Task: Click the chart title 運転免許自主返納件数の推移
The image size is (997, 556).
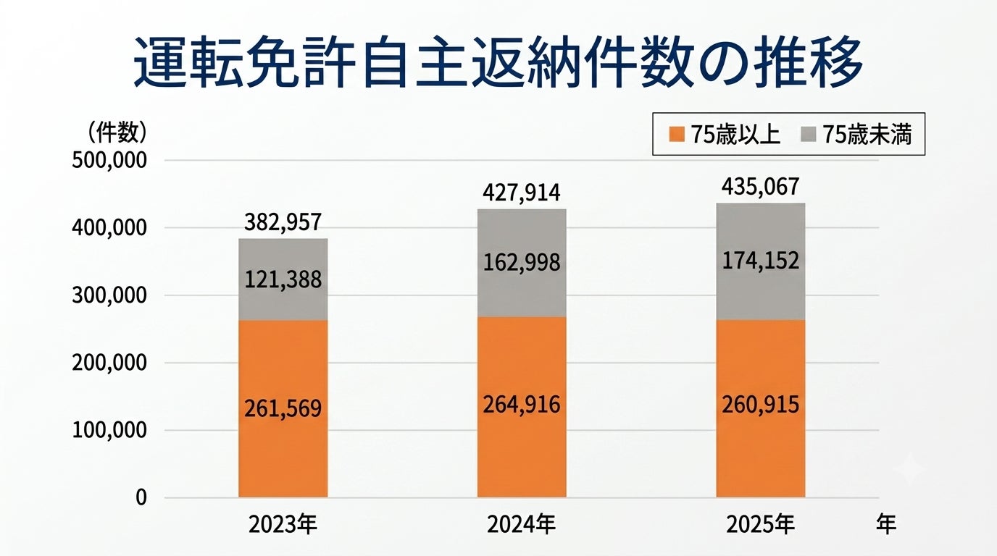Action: [x=498, y=62]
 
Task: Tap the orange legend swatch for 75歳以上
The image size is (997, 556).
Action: [x=676, y=135]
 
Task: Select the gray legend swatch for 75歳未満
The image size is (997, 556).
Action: [x=809, y=135]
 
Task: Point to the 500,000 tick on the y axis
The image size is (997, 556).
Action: [x=109, y=161]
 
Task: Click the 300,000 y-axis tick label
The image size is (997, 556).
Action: [x=109, y=296]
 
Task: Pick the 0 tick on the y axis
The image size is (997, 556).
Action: [x=141, y=497]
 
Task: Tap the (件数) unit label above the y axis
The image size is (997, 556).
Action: [x=116, y=132]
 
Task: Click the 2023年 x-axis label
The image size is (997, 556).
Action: [x=283, y=525]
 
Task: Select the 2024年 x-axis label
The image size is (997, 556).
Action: [x=521, y=525]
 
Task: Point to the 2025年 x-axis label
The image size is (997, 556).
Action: [x=760, y=525]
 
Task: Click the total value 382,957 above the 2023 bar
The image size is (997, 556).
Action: [x=283, y=222]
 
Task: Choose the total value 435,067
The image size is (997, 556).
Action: [x=760, y=187]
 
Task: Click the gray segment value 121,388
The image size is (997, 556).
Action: [x=283, y=280]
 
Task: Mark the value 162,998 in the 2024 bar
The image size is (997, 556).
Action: [x=522, y=262]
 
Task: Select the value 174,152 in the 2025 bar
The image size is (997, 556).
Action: [x=760, y=261]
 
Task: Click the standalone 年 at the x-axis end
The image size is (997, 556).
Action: [x=885, y=524]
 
